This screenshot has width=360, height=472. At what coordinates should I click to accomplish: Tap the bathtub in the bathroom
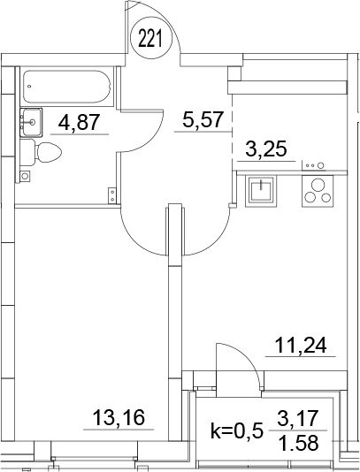pos(67,87)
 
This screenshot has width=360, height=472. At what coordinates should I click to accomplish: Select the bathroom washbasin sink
pos(31,123)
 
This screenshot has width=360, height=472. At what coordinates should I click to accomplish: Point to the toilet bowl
pos(48,152)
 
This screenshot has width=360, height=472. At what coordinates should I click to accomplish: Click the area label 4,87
pos(80,123)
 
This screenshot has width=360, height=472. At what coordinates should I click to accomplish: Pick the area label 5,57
pos(203,120)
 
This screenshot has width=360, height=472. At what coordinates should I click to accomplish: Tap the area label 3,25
pos(265,149)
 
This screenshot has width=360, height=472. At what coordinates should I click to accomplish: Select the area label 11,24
pos(301,346)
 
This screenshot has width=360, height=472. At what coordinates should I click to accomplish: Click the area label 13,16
pos(119,418)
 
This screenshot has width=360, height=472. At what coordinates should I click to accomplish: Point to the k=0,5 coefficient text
pos(236,431)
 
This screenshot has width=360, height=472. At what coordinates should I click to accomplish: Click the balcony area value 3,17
pos(297,418)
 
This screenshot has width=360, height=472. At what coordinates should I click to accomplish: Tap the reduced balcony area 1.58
pos(298,443)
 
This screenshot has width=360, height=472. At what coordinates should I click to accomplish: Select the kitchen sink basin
pos(261,191)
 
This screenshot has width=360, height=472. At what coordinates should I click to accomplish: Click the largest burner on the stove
pos(318,185)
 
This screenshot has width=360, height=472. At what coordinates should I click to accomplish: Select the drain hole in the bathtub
pos(29,87)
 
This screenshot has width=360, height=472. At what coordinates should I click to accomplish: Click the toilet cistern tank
pos(27,152)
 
